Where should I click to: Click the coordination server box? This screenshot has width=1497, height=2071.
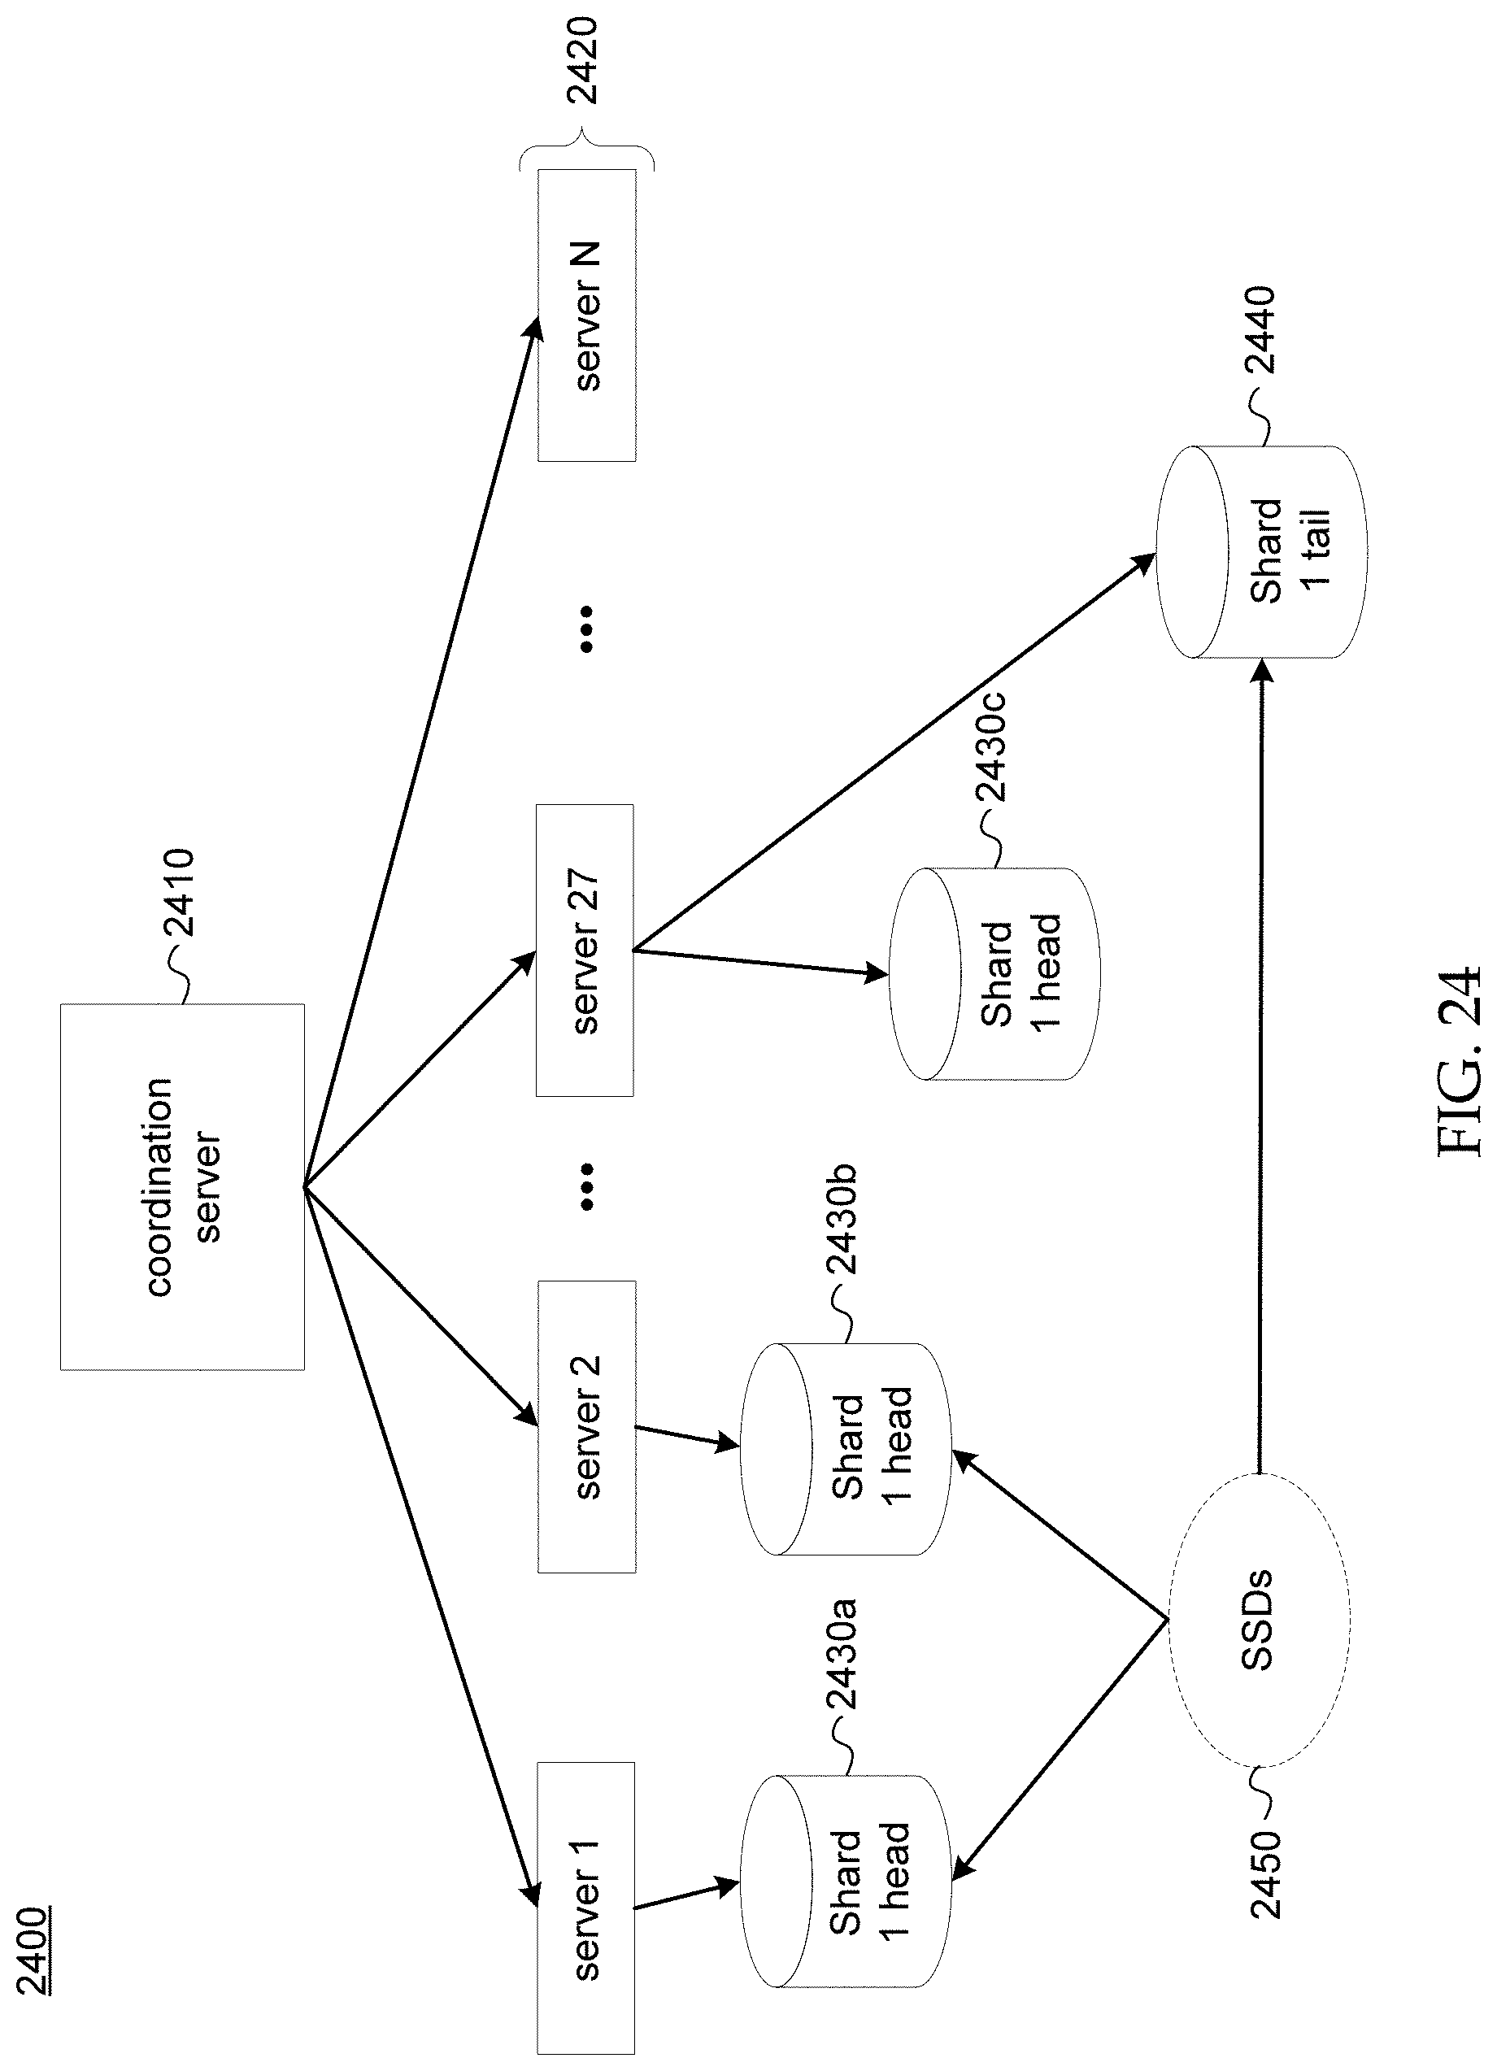point(182,1186)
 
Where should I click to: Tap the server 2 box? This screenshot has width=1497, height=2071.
point(586,1426)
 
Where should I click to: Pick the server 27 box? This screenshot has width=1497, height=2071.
point(585,950)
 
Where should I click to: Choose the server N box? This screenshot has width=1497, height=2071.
point(586,315)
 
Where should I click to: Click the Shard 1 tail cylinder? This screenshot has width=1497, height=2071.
point(1261,551)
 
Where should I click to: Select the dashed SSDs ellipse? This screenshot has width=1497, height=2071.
point(1259,1620)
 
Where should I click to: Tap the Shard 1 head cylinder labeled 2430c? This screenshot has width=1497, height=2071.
point(994,973)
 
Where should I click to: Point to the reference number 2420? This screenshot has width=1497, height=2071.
point(582,60)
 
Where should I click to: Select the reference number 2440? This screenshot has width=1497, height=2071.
point(1260,329)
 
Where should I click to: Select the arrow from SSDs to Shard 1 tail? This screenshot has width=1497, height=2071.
point(1260,1068)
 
